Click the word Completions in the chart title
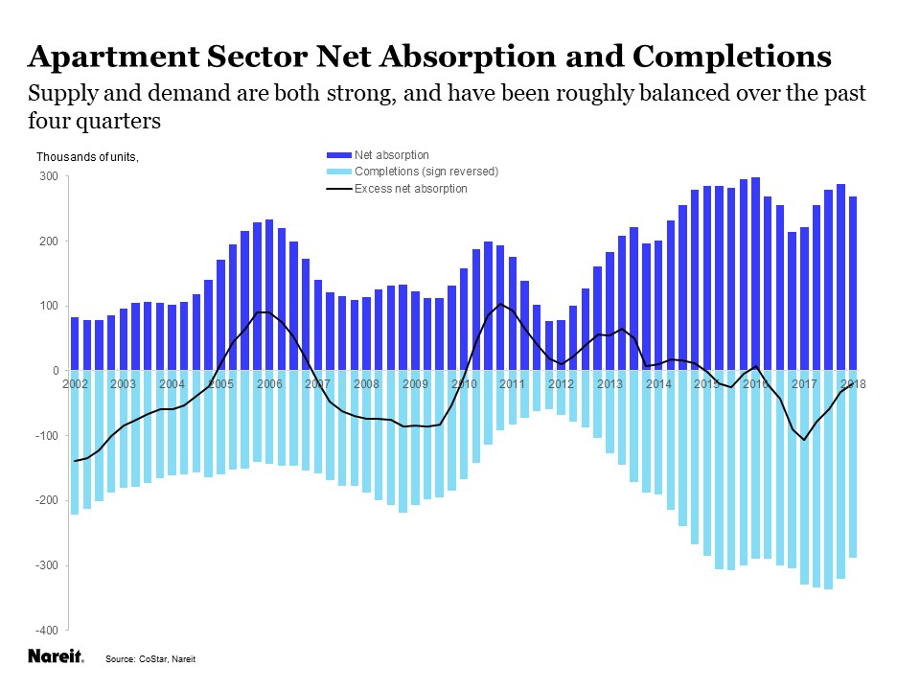coord(731,57)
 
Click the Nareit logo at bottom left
coord(56,657)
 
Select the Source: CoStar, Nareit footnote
coord(155,659)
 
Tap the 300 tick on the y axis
coord(49,176)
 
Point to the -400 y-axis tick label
coord(46,630)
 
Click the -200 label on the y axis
coord(46,500)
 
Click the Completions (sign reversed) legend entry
coord(426,172)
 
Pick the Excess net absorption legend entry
coord(410,189)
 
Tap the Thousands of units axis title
coord(87,156)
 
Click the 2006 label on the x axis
coord(269,384)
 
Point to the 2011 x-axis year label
coord(513,384)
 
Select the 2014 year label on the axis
coord(658,384)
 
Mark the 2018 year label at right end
coord(853,384)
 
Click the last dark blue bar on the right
coord(853,283)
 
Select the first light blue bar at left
coord(75,443)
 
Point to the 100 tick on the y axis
coord(49,306)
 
